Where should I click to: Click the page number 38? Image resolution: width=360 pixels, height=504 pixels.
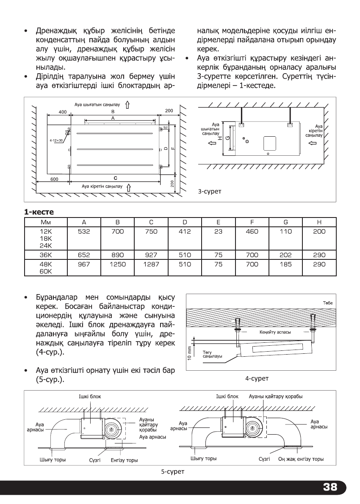(x=330, y=487)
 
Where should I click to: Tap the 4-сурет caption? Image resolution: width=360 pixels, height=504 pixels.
(x=258, y=378)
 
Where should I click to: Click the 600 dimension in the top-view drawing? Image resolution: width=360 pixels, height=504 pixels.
(x=55, y=179)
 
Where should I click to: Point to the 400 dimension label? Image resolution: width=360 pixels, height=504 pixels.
(x=63, y=111)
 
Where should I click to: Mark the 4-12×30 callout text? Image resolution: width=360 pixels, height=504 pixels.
(x=55, y=139)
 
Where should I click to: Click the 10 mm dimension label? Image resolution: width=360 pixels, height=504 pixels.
(x=190, y=352)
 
